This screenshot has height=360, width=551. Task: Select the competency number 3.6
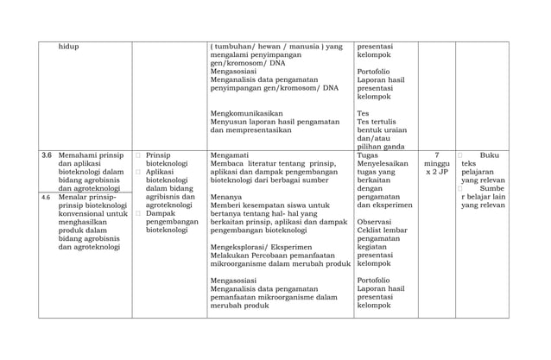[47, 155]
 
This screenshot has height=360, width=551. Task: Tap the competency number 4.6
[47, 198]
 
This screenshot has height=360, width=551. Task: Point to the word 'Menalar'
[75, 198]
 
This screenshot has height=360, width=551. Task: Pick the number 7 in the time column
[436, 155]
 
